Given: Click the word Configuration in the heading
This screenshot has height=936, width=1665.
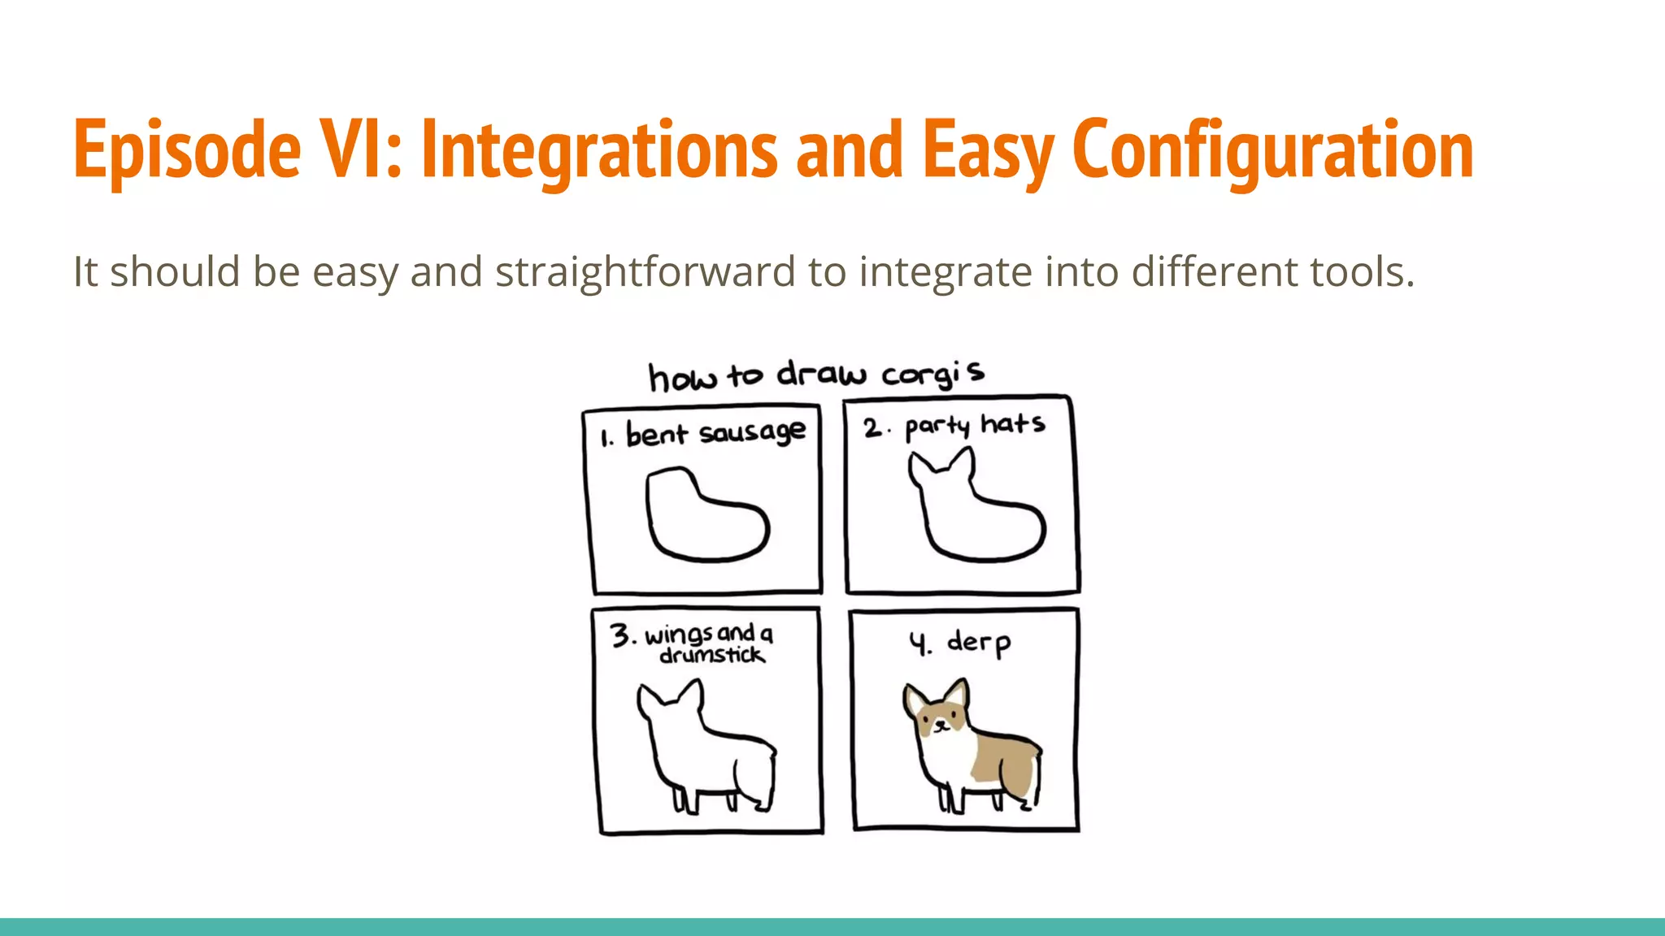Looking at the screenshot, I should coord(1272,150).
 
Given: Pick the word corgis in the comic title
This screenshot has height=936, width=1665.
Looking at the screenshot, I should coord(933,374).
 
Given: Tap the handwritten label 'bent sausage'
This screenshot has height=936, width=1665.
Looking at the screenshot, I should coord(715,433).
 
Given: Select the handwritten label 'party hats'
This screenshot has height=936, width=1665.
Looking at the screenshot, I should coord(975,425).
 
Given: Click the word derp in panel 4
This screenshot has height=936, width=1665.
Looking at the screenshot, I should coord(979,643).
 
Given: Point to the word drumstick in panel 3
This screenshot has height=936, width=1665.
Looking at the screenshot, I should coord(712,655).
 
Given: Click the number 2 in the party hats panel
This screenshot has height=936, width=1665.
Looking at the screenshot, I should coord(872,427).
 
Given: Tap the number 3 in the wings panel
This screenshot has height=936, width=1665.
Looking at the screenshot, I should coord(621,635).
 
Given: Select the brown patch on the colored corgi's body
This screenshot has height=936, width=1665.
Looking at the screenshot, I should coord(1006,760).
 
